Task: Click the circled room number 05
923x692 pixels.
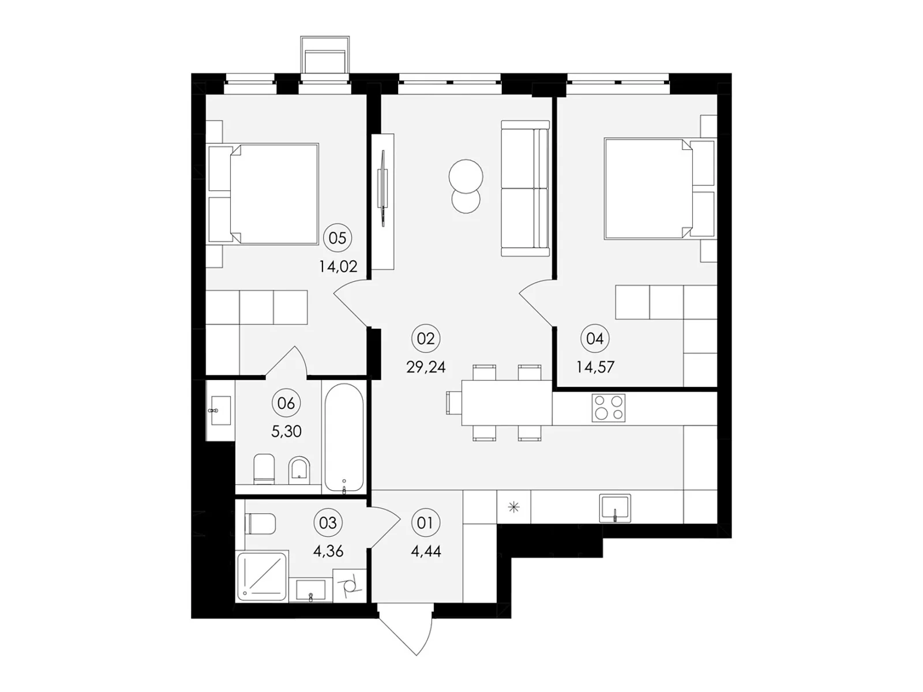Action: click(337, 238)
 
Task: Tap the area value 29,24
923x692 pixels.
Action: click(426, 367)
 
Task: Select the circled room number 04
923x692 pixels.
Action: click(595, 339)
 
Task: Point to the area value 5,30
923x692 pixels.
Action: click(286, 431)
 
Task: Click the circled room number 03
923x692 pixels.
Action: click(328, 523)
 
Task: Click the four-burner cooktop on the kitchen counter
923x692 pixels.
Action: click(608, 408)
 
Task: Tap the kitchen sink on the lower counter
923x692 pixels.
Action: click(615, 508)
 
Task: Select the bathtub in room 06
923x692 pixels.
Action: click(344, 437)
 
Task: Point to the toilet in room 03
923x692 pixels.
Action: click(260, 524)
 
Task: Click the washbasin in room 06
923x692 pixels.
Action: click(220, 410)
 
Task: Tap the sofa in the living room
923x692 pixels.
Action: click(525, 188)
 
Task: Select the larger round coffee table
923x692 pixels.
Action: click(466, 176)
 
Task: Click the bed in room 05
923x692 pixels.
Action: click(263, 194)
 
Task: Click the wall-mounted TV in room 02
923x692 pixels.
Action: click(383, 188)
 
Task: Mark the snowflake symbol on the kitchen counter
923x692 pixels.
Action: click(514, 507)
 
